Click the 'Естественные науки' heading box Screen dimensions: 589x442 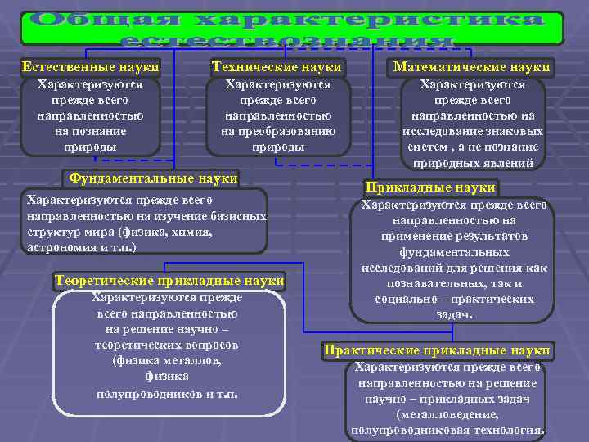[x=90, y=67]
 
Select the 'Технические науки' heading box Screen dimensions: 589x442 [x=277, y=67]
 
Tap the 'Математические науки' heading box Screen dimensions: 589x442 [x=472, y=67]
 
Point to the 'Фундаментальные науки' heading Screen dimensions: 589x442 [x=154, y=178]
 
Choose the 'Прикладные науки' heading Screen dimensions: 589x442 [x=431, y=187]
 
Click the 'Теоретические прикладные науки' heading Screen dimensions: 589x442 [x=169, y=281]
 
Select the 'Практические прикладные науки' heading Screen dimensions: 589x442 [x=437, y=350]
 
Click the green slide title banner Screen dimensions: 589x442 [x=291, y=28]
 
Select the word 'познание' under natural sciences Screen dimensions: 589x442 [x=90, y=131]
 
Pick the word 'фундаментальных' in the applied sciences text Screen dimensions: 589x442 [x=453, y=251]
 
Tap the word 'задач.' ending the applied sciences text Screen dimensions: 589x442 [x=453, y=314]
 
